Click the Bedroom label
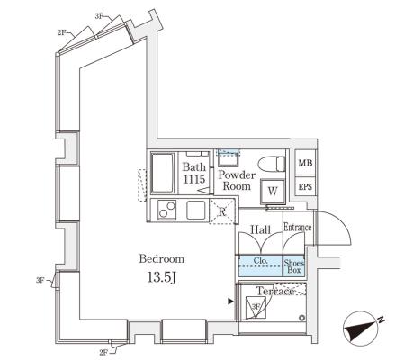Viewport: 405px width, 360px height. [x=162, y=259]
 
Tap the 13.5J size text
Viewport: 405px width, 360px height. [x=161, y=277]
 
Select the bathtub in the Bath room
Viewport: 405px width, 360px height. [x=162, y=173]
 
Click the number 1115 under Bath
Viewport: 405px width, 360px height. [x=194, y=179]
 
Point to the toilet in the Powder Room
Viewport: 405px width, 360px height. [x=271, y=164]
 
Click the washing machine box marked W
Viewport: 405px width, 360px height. [x=273, y=191]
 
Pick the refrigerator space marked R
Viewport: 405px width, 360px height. [x=222, y=211]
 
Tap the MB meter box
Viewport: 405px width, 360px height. [x=305, y=163]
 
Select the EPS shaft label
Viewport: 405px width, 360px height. [x=305, y=186]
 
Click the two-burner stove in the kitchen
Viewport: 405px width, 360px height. [x=167, y=210]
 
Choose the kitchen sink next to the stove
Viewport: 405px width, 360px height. [x=196, y=210]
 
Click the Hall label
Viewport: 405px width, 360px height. [x=261, y=230]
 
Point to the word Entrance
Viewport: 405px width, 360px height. [x=298, y=228]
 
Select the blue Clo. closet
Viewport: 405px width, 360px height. [x=260, y=265]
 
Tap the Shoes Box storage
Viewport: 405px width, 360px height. [x=294, y=266]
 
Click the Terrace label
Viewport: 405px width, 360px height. [x=275, y=291]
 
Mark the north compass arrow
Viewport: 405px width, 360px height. [x=362, y=328]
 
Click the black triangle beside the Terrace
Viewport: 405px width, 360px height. [x=230, y=301]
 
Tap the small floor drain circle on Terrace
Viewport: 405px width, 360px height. [x=301, y=318]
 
